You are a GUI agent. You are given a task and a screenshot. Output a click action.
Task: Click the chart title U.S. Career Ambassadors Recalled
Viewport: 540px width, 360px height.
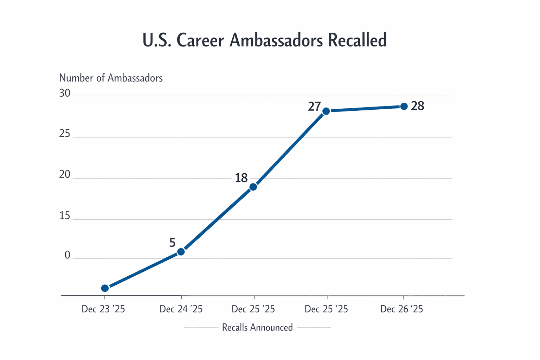(264, 40)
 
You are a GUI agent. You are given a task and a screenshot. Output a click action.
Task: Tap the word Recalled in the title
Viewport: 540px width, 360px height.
(357, 40)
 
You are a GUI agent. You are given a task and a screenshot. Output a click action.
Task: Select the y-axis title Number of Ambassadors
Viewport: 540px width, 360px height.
(111, 78)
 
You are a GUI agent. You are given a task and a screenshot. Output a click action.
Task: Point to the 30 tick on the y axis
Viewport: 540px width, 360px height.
(65, 93)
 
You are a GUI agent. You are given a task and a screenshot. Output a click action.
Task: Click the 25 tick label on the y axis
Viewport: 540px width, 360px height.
(65, 134)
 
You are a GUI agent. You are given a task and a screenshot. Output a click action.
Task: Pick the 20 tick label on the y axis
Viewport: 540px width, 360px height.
(65, 175)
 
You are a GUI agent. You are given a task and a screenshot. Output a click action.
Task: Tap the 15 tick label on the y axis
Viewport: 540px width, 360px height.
(65, 216)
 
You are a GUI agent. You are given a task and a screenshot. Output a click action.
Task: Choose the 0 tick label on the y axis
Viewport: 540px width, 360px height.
(67, 255)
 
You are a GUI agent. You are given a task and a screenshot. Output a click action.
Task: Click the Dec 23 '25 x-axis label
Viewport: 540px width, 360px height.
(103, 309)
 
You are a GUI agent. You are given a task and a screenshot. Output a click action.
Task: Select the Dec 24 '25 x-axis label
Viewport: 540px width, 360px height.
(181, 309)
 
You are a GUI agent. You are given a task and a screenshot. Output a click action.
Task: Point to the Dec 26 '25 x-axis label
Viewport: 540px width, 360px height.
(401, 309)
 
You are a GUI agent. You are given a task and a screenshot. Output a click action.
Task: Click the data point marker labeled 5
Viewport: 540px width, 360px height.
(181, 252)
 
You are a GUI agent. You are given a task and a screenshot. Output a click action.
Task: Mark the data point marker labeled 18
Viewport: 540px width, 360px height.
(253, 187)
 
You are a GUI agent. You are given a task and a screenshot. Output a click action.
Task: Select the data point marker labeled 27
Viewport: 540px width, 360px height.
(326, 111)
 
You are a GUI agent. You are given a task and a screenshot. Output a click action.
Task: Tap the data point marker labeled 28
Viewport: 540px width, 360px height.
(404, 106)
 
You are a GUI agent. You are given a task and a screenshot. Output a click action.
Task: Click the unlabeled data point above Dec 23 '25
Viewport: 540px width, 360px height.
(105, 288)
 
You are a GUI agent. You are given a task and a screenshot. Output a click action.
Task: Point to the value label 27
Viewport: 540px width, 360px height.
(314, 107)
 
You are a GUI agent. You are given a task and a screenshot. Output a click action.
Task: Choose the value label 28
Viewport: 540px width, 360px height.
(418, 106)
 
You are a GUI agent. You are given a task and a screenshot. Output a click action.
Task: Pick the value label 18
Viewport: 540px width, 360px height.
(241, 178)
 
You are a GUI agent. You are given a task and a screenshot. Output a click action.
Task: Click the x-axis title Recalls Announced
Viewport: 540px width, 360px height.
(257, 328)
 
